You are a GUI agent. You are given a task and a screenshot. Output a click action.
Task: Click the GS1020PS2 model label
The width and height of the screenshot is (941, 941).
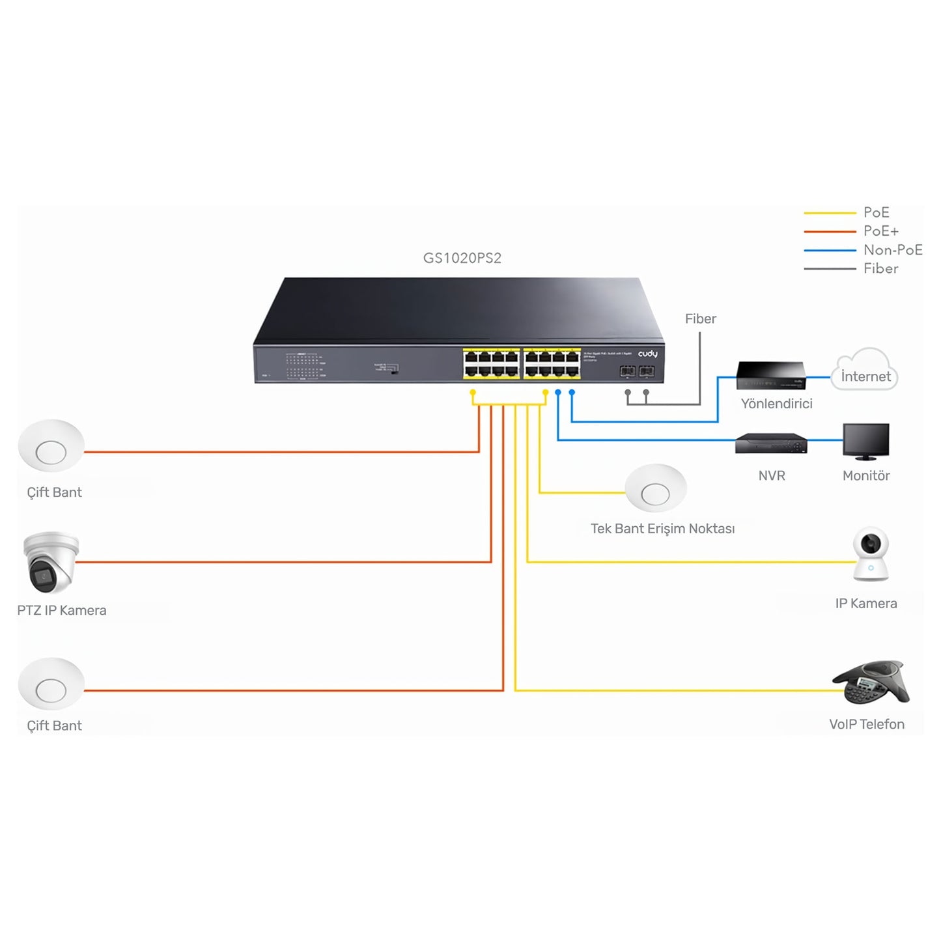point(462,258)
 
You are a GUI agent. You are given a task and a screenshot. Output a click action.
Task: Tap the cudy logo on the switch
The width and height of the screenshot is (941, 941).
point(647,354)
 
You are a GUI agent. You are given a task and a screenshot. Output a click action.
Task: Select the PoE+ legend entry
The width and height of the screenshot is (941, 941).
point(880,231)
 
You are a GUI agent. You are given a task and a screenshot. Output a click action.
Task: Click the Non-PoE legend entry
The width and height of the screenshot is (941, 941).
point(892,250)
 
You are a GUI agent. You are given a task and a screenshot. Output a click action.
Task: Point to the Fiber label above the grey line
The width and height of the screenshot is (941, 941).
point(700,318)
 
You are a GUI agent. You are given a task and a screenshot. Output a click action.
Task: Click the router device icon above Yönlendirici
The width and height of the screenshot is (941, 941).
point(771,376)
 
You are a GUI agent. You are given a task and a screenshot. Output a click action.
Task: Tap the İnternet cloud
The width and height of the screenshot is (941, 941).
point(865,372)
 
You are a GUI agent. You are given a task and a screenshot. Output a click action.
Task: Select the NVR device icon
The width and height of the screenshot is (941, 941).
point(771,443)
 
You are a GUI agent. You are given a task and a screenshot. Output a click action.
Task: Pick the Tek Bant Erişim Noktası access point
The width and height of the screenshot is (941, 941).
point(656,489)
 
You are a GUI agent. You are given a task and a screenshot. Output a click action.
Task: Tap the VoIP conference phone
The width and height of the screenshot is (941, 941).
point(871,682)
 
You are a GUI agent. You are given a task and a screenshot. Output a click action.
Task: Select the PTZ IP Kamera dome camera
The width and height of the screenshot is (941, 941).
point(50,562)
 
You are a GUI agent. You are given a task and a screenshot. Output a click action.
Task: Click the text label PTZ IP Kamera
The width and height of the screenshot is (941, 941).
point(62,611)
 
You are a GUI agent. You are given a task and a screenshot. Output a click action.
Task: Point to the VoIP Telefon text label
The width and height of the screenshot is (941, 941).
point(866,724)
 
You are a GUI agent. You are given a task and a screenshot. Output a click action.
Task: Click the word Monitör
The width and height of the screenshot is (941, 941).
point(865,476)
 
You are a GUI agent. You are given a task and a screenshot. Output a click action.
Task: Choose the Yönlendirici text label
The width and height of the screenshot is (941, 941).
point(776,404)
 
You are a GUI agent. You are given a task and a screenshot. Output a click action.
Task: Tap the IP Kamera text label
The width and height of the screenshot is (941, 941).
point(865,604)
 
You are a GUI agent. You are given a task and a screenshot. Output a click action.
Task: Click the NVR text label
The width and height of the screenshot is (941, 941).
point(772,476)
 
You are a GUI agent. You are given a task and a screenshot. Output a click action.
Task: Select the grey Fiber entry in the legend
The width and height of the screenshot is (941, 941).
point(880,269)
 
